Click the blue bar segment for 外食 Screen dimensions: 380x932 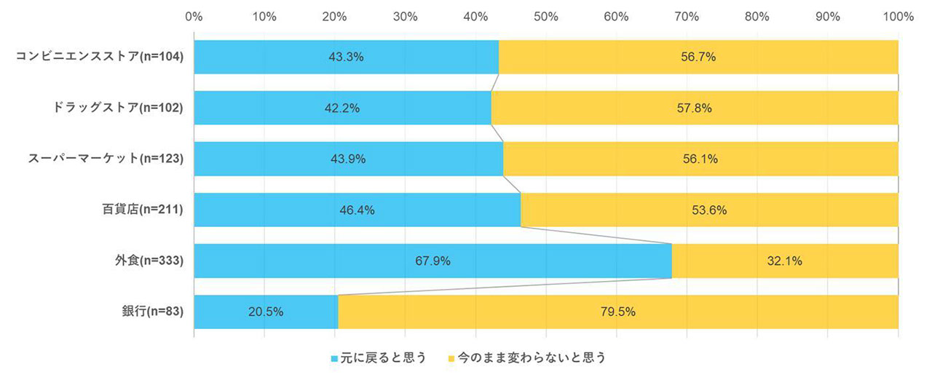point(379,261)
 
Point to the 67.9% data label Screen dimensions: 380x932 point(433,261)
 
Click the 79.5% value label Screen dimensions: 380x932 point(618,312)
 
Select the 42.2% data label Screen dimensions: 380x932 point(342,108)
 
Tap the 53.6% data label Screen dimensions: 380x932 point(709,210)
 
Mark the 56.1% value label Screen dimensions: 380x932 point(700,159)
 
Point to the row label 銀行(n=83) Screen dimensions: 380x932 point(152,312)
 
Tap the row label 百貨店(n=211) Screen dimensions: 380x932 point(142,210)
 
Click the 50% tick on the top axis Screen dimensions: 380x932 point(546,16)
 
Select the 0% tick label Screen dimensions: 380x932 point(194,16)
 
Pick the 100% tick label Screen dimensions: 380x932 point(898,16)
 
